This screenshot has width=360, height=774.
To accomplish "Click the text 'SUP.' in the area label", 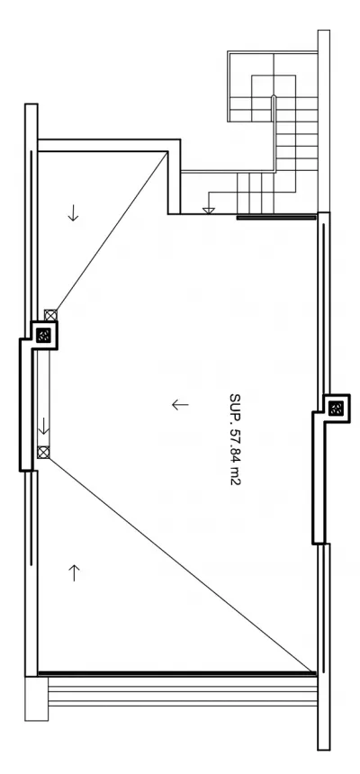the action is (235, 405).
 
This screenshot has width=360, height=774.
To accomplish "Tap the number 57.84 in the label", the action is (235, 445).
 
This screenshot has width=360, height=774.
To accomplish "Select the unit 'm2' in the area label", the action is (235, 478).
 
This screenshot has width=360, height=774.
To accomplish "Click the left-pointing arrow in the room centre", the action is (180, 405).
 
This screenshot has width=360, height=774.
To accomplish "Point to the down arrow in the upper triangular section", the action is (73, 212).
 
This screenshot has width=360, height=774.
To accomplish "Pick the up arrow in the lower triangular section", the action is (74, 572).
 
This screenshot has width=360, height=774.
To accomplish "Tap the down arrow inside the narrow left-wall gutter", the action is (44, 426).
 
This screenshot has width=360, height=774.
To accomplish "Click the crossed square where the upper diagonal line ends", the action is (51, 315).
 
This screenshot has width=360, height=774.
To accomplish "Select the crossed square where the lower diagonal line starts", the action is (44, 452).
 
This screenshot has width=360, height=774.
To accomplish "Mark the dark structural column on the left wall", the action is (44, 336).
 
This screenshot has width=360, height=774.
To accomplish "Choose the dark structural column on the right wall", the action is (337, 409).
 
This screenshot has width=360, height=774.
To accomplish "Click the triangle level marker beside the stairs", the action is (209, 211).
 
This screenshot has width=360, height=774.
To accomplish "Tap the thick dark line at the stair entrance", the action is (276, 217).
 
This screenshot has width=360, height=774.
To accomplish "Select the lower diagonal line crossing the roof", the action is (182, 564).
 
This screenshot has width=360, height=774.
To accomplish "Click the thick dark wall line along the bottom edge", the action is (176, 673).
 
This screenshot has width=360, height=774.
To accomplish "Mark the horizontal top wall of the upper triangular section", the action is (109, 145).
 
